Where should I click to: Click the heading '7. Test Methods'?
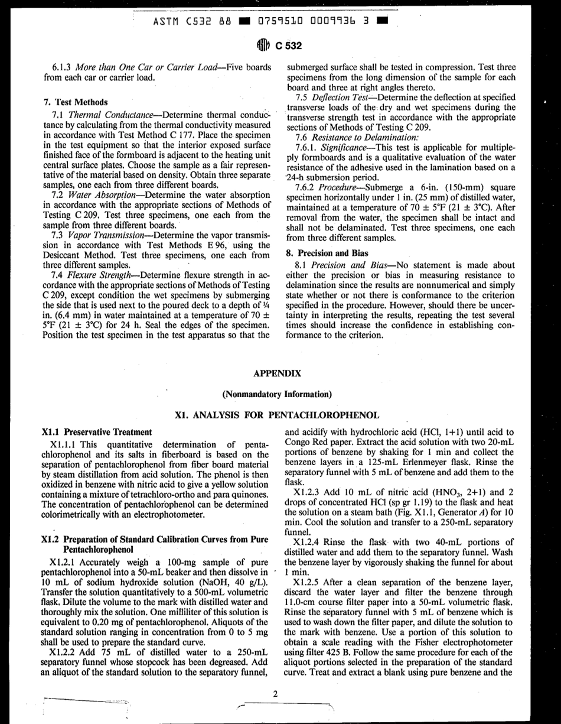pyautogui.click(x=75, y=102)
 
